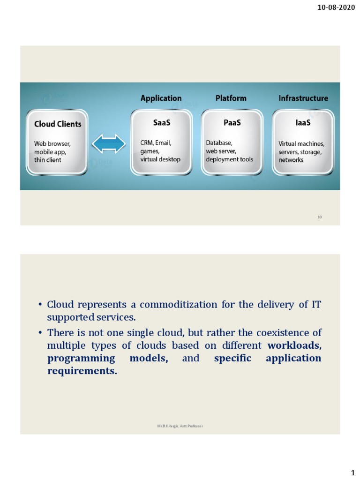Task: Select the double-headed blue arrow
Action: coord(109,144)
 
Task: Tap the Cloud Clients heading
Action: coord(58,124)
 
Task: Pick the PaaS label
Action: coord(232,123)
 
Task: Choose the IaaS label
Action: coord(303,123)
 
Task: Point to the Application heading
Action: coord(161,98)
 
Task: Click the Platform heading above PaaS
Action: coord(231,98)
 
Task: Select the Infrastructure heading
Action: coord(303,98)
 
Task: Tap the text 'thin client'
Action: coord(47,160)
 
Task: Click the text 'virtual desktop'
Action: coord(160,159)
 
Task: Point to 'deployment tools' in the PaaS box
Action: coord(229,159)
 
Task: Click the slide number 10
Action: coord(320,217)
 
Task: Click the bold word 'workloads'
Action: coord(294,346)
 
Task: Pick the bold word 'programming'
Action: coord(81,359)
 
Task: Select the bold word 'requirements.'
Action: coord(82,371)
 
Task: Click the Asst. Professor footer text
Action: coord(180,426)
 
